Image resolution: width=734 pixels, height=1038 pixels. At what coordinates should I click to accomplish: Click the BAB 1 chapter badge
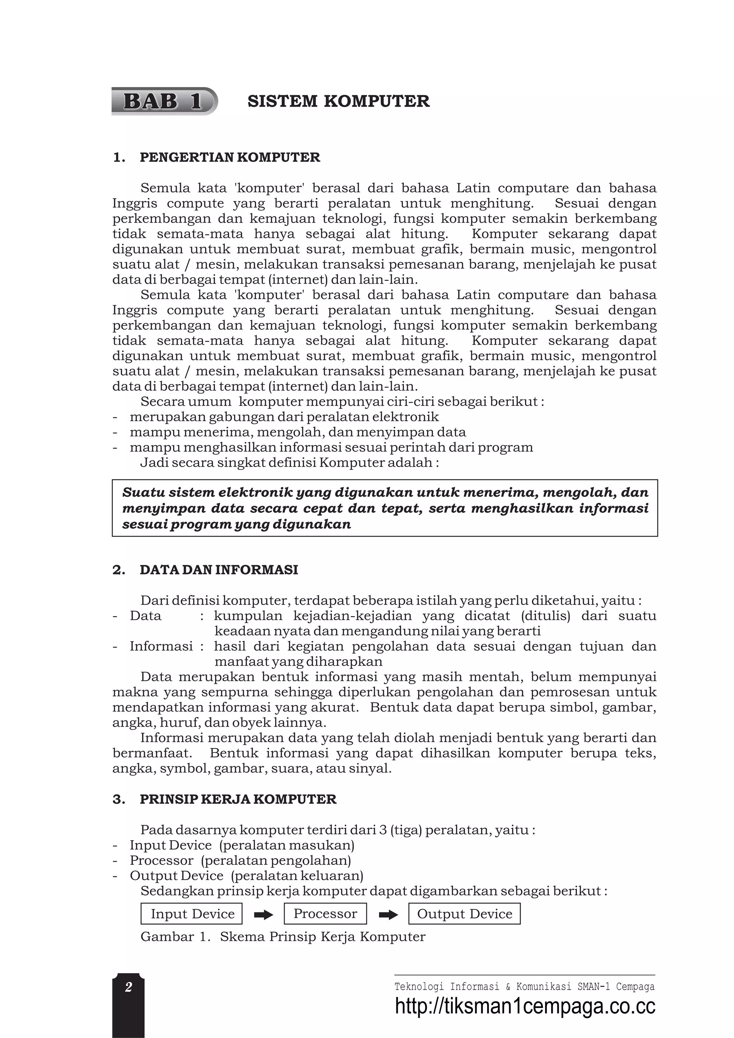(163, 101)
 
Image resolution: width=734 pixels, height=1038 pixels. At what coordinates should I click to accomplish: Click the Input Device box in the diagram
(192, 914)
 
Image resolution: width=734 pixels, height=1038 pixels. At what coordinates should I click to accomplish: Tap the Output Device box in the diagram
(464, 914)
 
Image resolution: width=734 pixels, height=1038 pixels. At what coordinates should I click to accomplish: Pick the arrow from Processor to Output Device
(388, 916)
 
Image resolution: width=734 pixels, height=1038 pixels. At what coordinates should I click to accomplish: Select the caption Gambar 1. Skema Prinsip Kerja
(283, 936)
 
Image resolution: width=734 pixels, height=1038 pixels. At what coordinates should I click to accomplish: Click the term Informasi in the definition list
(161, 646)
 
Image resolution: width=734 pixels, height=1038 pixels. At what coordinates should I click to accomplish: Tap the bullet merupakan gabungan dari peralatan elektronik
(284, 417)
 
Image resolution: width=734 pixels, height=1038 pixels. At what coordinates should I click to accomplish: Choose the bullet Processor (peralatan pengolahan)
(240, 860)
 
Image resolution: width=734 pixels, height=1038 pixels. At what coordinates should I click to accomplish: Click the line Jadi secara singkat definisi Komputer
(290, 462)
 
